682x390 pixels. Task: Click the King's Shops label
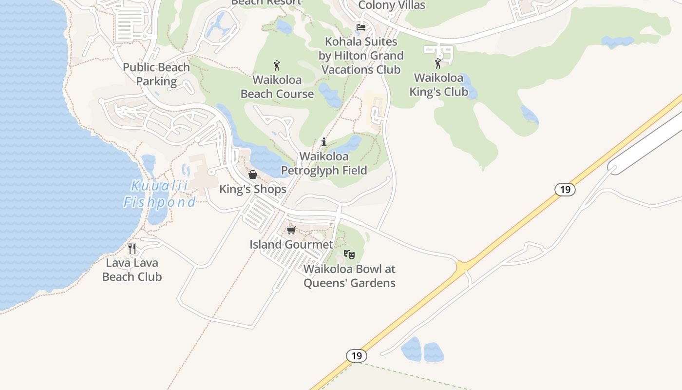point(253,189)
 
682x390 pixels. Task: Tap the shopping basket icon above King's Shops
point(253,175)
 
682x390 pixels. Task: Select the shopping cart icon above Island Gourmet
point(291,230)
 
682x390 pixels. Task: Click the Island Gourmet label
point(291,244)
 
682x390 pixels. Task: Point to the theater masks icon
point(349,254)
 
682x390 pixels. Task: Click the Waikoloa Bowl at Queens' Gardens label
point(349,276)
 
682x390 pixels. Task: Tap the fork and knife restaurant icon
point(132,249)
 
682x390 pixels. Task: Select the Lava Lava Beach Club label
point(132,270)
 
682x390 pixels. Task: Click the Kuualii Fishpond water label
point(159,194)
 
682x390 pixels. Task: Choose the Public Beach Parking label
point(156,74)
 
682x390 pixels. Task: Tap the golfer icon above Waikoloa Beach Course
point(277,65)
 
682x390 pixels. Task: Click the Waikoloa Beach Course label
point(277,87)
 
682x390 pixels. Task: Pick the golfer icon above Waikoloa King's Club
point(438,63)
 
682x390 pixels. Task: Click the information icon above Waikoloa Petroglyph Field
point(324,142)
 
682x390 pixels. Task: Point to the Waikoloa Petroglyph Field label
point(324,163)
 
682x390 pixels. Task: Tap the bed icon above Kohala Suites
point(361,27)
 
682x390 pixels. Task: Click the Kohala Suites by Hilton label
point(361,56)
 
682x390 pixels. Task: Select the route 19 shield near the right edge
point(565,189)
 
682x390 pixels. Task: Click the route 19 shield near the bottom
point(357,356)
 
